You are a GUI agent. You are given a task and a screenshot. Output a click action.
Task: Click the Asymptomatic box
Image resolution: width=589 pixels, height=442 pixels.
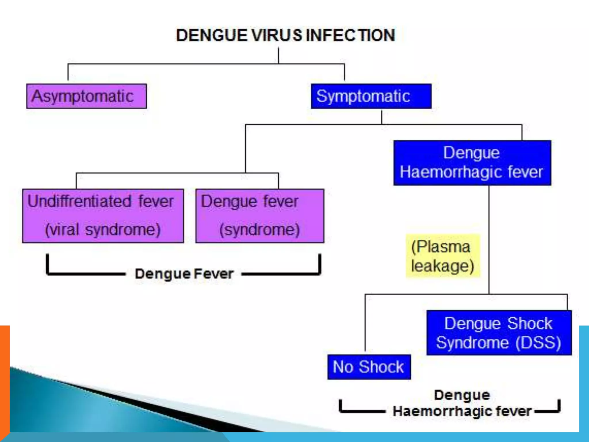tap(86, 96)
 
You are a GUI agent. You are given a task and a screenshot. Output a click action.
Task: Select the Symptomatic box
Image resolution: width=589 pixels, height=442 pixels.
tap(371, 96)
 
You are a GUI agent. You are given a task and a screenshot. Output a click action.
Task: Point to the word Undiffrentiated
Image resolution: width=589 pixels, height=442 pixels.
tap(79, 201)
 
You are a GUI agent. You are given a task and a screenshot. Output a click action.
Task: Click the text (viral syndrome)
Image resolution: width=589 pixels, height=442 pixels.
tap(103, 229)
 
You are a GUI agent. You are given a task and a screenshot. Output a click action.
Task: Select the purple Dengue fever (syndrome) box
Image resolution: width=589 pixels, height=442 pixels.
tap(260, 216)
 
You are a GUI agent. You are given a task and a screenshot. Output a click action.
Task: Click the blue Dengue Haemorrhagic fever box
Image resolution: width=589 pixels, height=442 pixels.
tap(472, 163)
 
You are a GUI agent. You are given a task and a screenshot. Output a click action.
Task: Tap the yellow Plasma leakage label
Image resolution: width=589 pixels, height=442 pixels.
tap(443, 256)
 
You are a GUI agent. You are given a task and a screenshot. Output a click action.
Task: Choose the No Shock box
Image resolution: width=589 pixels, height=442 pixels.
tap(369, 367)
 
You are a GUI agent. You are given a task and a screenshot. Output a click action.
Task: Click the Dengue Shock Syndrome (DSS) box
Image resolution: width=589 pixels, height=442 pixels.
tap(499, 333)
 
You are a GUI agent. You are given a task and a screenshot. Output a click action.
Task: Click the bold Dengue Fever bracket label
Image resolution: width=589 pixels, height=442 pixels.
tap(184, 274)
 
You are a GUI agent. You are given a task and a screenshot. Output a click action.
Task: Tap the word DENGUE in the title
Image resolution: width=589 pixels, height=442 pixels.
tap(212, 35)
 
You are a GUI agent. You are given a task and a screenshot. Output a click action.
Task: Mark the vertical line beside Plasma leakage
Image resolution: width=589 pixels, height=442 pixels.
tap(489, 239)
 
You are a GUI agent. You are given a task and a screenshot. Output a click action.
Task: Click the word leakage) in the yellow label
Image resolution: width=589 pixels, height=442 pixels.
tap(443, 266)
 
